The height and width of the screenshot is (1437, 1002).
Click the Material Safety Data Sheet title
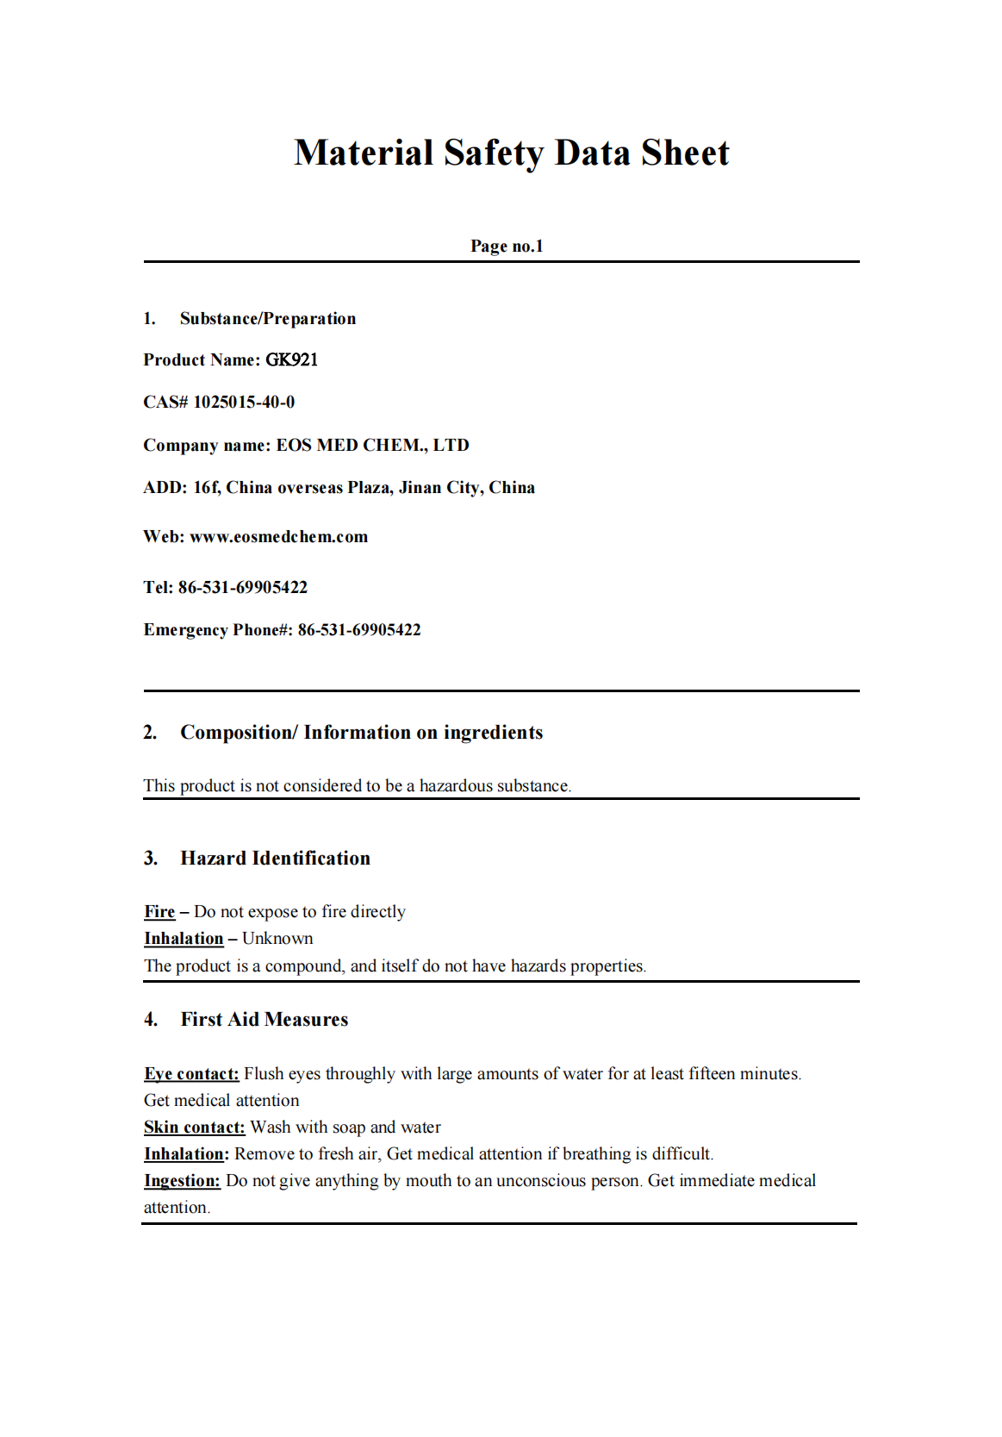[x=511, y=153]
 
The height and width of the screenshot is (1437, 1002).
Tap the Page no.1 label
[x=507, y=247]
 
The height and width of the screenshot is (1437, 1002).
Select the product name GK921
[x=292, y=360]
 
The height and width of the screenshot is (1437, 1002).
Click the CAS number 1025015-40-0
[x=244, y=403]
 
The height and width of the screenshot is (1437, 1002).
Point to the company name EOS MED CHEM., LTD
[x=372, y=446]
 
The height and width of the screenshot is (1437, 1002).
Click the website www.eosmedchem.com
[x=278, y=537]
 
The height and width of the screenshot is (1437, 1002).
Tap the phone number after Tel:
[x=243, y=588]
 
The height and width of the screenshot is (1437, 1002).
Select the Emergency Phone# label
[x=218, y=630]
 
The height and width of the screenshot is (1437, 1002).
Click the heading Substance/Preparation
[x=268, y=319]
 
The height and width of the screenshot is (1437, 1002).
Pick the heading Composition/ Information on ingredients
[x=362, y=733]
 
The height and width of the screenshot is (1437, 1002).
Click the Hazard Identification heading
[x=276, y=859]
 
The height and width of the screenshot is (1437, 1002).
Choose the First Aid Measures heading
[x=265, y=1020]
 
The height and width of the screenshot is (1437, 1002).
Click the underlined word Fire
[x=159, y=912]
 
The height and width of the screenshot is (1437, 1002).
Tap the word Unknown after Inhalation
[x=277, y=939]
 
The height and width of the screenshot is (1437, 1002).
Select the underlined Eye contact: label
[x=191, y=1074]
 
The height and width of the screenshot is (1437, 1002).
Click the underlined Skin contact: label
[x=195, y=1128]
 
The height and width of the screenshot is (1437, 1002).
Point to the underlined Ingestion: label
[x=182, y=1181]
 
